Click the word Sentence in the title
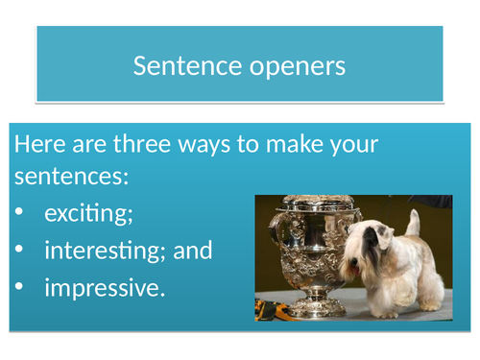(181, 66)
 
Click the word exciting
(88, 215)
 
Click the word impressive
(100, 288)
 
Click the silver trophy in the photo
(308, 250)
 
